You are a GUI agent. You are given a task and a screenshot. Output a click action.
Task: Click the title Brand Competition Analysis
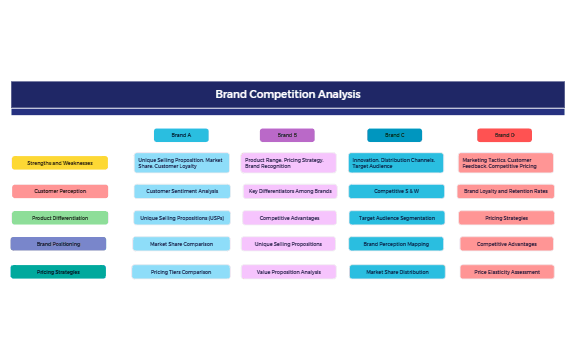(288, 95)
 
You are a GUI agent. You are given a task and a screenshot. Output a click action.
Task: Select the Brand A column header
(181, 135)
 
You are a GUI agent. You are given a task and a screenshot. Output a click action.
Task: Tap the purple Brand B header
(287, 135)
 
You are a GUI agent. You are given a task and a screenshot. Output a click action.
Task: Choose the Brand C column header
(394, 135)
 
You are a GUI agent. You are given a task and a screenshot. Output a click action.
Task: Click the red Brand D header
(504, 135)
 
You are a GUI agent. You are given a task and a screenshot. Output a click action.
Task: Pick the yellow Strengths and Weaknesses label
(60, 163)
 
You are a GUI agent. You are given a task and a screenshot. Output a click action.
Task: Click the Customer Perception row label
(60, 191)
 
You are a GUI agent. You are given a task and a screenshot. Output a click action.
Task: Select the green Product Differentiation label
(60, 217)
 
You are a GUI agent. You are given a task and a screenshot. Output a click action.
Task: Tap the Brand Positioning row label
(58, 244)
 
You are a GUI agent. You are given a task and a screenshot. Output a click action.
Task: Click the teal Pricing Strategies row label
(58, 271)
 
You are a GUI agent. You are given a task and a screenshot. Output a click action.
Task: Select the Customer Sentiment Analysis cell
(182, 191)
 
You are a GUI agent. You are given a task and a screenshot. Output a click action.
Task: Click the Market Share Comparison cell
(182, 244)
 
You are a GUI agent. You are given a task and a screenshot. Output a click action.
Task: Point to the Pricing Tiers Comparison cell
(182, 271)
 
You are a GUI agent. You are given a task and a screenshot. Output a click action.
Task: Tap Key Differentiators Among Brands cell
(290, 191)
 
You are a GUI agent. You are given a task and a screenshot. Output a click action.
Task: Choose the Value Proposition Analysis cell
(289, 271)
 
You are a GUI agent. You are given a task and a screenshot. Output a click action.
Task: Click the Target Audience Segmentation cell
(396, 217)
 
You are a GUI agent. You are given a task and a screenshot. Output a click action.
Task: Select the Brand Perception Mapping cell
(396, 244)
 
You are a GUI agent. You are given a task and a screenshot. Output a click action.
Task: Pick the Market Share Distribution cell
(396, 271)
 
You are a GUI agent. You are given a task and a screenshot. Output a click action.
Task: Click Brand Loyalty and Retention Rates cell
(505, 191)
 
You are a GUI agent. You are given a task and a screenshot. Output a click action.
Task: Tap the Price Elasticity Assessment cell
(507, 271)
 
